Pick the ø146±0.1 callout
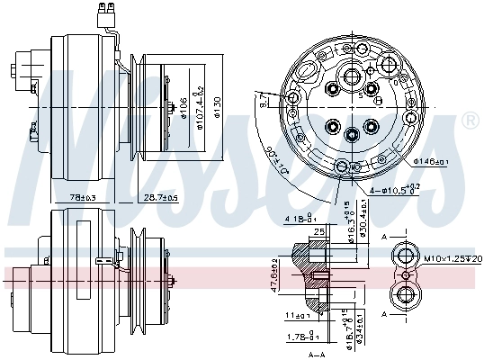point(432,162)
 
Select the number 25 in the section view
point(318,232)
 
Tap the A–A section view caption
point(317,354)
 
